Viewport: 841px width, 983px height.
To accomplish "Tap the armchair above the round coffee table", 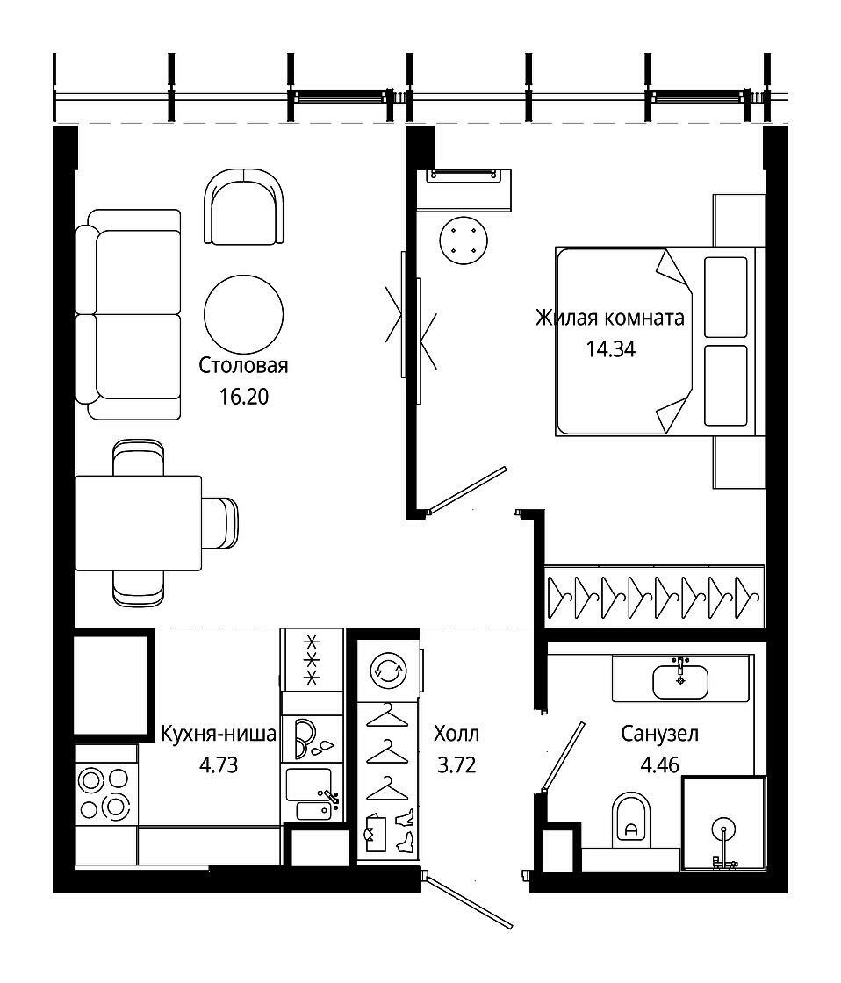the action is click(x=243, y=207).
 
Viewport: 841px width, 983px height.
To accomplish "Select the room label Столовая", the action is click(x=243, y=365).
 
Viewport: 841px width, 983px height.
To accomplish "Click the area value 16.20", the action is click(x=244, y=396).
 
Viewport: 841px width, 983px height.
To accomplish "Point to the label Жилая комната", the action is click(x=609, y=318).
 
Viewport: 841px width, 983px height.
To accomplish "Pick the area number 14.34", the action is click(x=611, y=348).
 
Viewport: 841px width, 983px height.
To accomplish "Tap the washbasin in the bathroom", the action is click(x=680, y=681).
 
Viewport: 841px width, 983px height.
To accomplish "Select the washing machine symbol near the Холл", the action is click(x=388, y=671).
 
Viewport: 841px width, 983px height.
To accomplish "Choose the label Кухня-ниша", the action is click(x=219, y=734).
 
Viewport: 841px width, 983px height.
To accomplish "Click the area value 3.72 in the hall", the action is click(x=456, y=764).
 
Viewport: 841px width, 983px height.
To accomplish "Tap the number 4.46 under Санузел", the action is click(x=660, y=764).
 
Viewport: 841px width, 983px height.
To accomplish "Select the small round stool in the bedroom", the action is click(x=464, y=240).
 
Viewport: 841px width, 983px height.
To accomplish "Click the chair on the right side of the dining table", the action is click(x=219, y=522).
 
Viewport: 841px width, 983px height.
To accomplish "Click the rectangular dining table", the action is click(x=139, y=523).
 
